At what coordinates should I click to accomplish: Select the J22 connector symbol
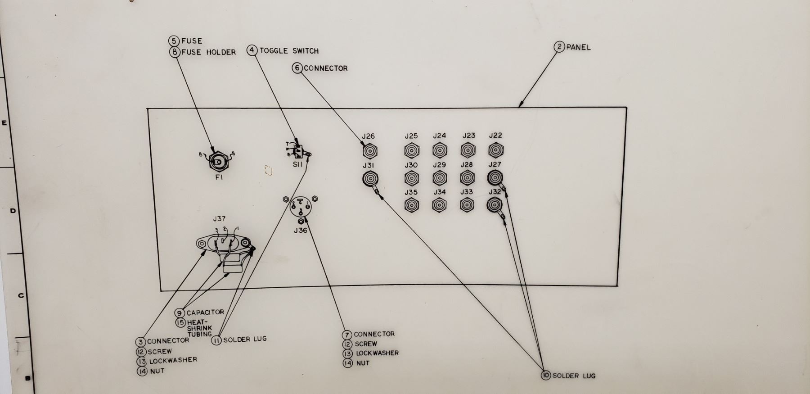(495, 149)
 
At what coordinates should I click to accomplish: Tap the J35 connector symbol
(411, 205)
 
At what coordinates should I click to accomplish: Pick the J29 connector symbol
(440, 178)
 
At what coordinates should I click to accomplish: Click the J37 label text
(220, 219)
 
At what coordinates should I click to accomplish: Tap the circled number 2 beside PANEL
(559, 47)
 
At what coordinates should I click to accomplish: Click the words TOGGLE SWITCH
(289, 51)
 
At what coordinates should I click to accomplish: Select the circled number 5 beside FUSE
(174, 41)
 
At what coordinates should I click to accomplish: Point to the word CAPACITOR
(205, 312)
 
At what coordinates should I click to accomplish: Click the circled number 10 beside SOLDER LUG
(546, 375)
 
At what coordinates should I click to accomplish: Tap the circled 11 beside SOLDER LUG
(216, 340)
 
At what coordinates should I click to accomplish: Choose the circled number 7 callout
(347, 335)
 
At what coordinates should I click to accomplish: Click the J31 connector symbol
(370, 180)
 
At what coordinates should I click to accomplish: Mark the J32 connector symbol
(495, 205)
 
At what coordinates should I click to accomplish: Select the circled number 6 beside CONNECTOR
(297, 68)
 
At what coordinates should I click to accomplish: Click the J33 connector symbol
(467, 205)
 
